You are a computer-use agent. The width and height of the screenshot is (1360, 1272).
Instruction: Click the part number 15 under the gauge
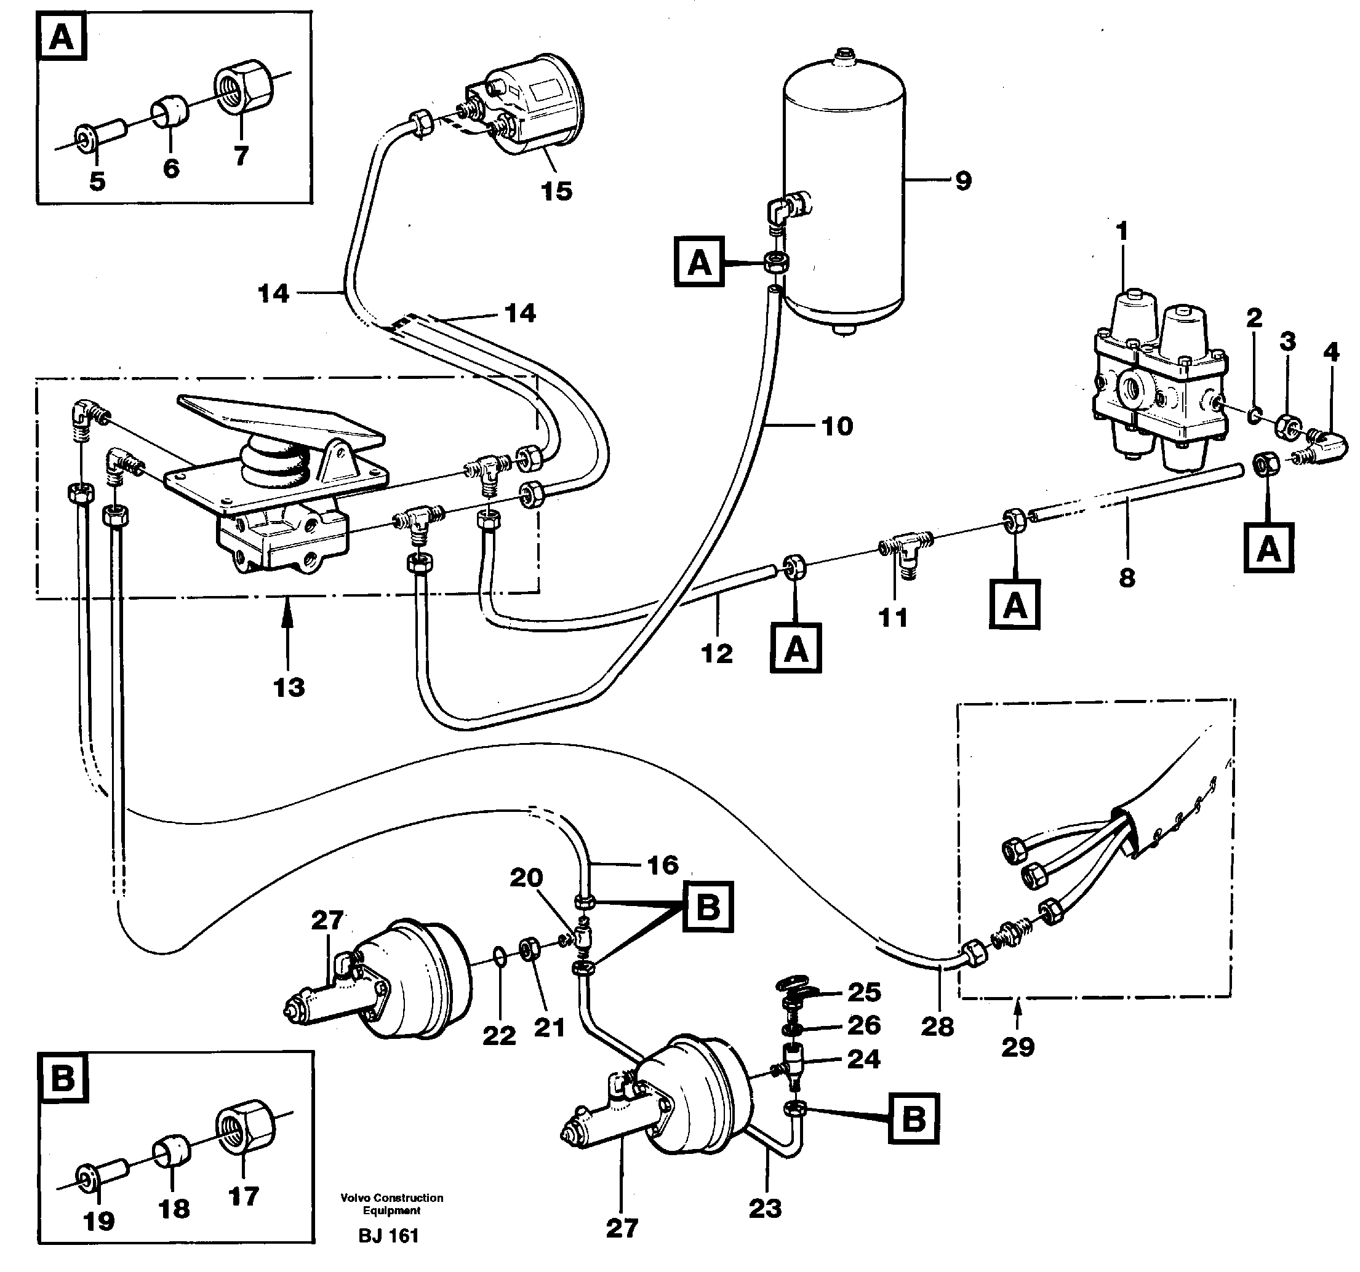pos(556,191)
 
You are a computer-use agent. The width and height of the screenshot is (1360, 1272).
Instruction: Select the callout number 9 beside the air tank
pos(962,181)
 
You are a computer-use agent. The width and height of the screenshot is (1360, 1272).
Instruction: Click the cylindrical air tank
pos(844,191)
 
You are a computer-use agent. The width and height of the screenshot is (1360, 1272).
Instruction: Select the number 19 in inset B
pos(98,1240)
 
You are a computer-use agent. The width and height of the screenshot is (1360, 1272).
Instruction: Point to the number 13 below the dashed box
pos(289,687)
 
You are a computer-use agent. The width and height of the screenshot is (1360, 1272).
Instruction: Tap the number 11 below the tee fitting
pos(892,618)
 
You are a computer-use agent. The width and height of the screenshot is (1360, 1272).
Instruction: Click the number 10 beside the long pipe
pos(837,427)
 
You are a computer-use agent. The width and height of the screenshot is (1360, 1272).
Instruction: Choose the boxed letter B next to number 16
pos(706,907)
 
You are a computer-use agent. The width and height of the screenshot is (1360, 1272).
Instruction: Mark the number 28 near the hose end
pos(937,1027)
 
